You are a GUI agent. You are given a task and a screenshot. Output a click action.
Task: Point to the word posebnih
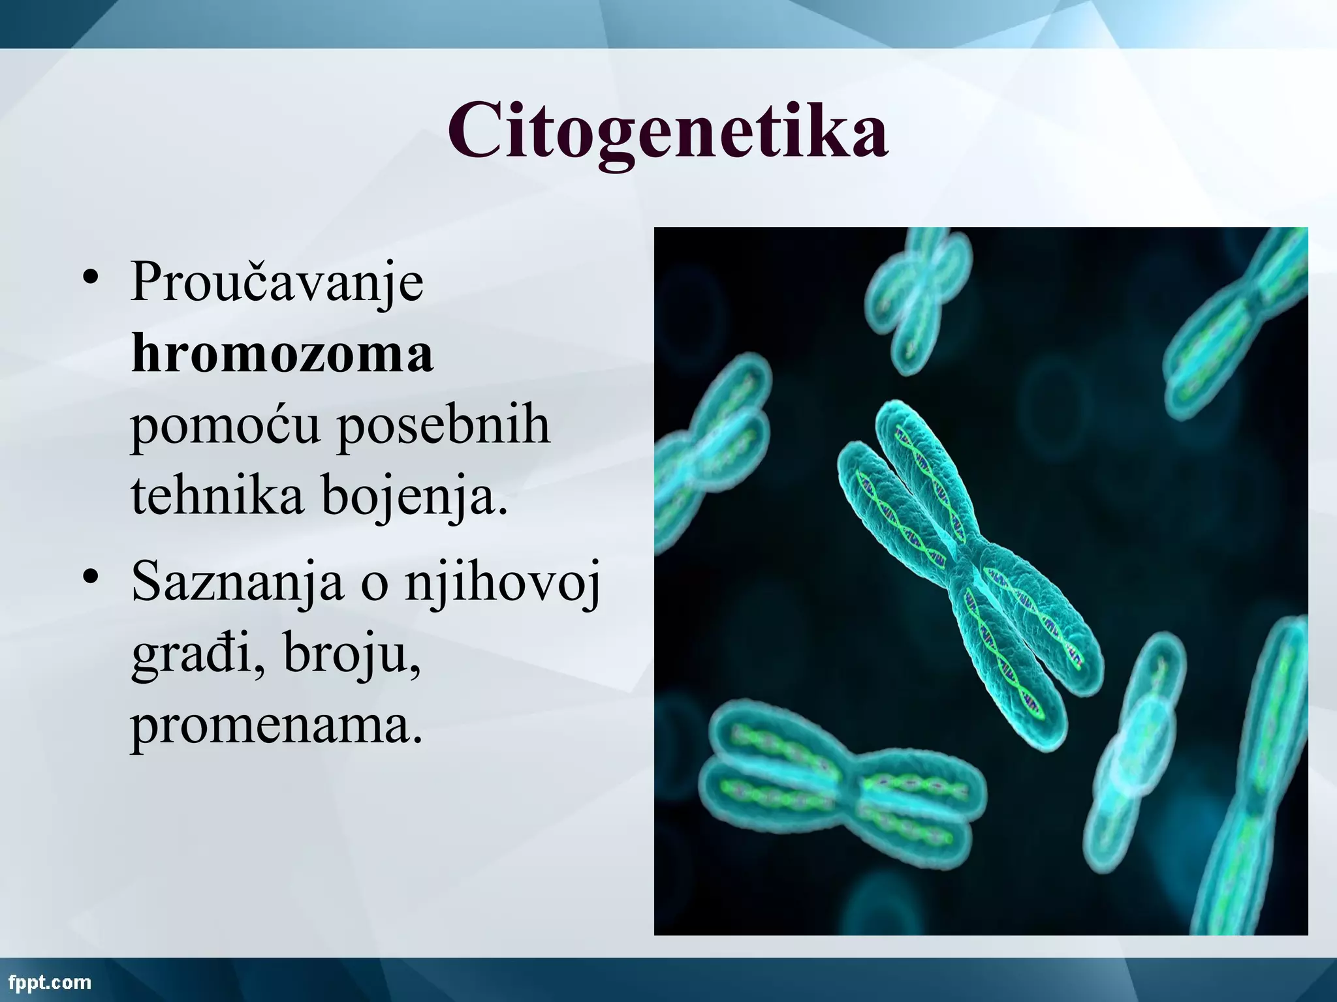(443, 425)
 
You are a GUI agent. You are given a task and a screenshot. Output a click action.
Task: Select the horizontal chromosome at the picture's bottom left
(842, 777)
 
